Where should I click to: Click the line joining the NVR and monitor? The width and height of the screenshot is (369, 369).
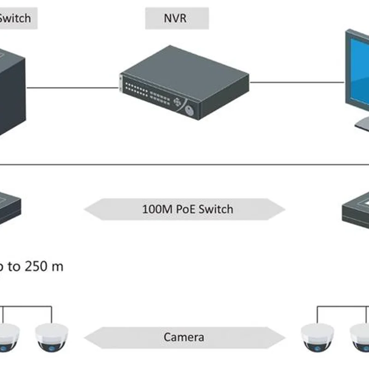298,83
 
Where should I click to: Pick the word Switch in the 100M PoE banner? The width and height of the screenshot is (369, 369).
217,209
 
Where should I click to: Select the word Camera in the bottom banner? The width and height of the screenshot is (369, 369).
184,337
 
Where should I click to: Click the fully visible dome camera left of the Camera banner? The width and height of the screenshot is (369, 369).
51,337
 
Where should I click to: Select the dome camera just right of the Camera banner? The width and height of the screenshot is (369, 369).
317,337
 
